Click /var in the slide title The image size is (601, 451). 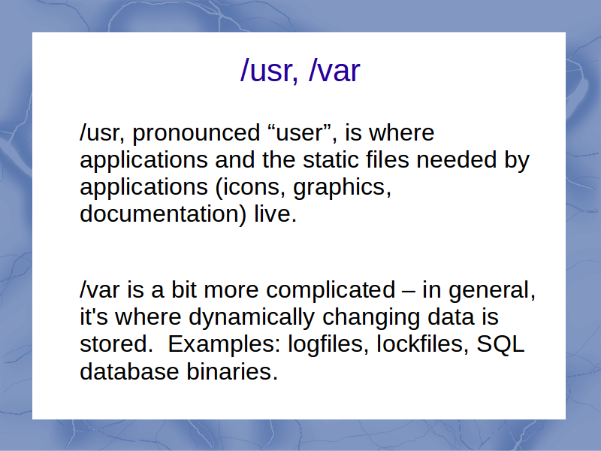(334, 70)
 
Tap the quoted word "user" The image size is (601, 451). (302, 132)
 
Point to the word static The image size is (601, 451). (331, 159)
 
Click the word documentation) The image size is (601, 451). (163, 214)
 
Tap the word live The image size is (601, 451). (275, 213)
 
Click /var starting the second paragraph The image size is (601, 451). (100, 289)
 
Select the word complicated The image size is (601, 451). (331, 291)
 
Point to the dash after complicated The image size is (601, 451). (409, 292)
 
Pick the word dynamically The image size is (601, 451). (252, 318)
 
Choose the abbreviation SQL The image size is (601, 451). (500, 344)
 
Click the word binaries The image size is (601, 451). (232, 371)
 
